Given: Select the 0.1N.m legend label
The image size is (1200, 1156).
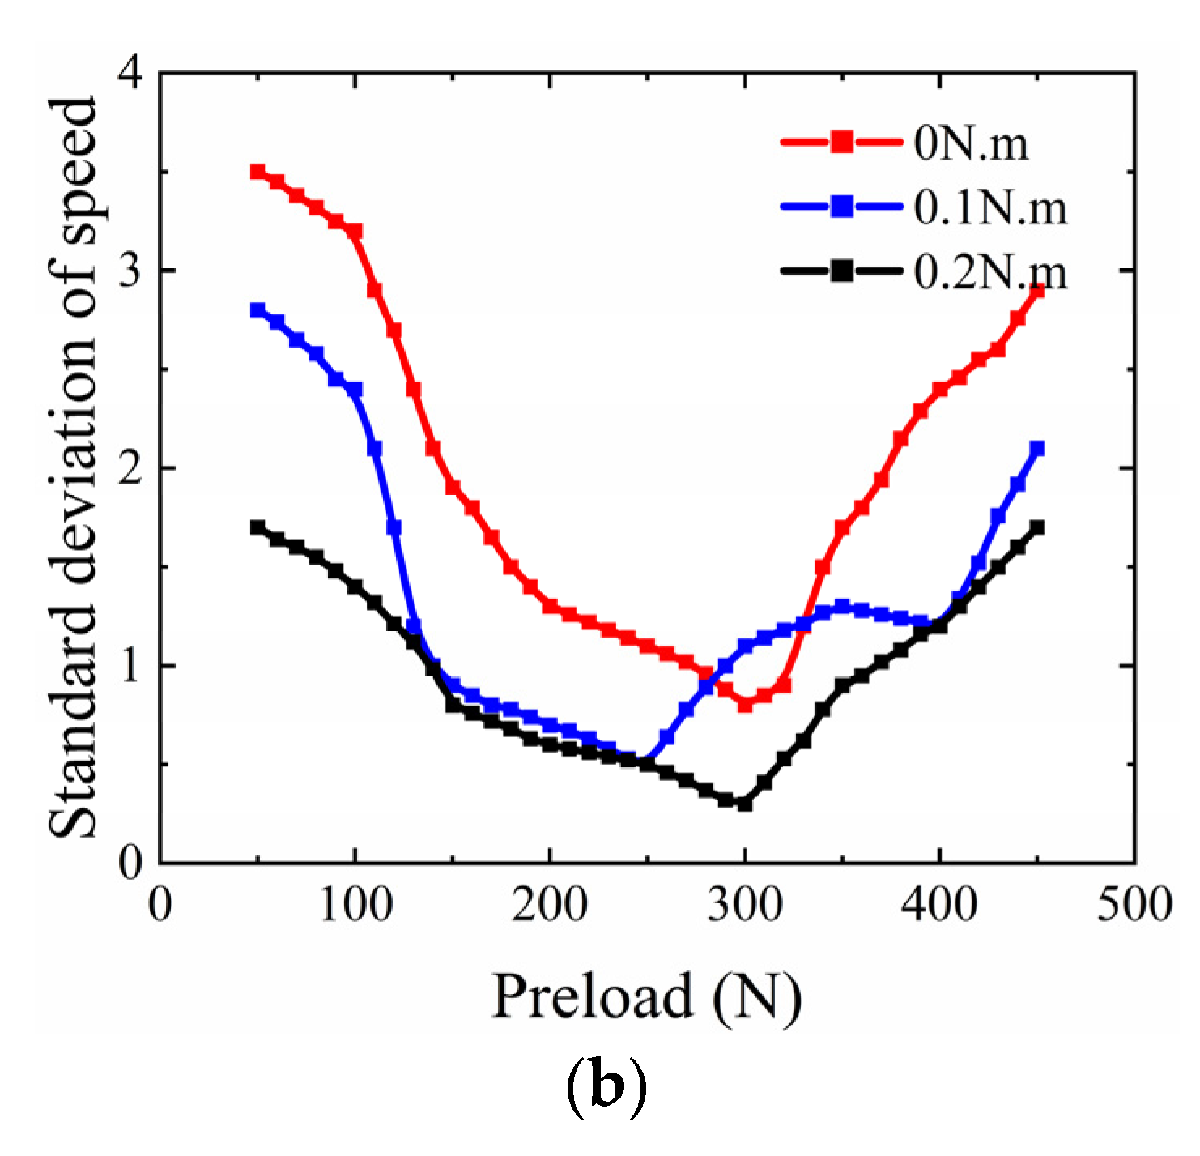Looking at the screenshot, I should tap(990, 207).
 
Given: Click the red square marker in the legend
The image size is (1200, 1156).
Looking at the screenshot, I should tap(841, 143).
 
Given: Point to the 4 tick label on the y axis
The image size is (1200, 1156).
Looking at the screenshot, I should tap(130, 75).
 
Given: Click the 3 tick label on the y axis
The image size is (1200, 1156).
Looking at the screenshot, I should tap(130, 271).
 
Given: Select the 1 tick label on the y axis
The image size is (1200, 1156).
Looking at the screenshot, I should tap(130, 666).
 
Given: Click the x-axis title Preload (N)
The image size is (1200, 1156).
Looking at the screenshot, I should tap(646, 996).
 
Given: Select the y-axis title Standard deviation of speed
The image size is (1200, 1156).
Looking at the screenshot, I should tap(73, 468).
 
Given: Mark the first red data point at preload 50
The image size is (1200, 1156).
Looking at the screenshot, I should tap(257, 172).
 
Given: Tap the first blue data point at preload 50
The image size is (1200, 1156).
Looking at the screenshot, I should tap(257, 310).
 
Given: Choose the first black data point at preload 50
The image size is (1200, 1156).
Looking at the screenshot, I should tap(257, 527).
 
